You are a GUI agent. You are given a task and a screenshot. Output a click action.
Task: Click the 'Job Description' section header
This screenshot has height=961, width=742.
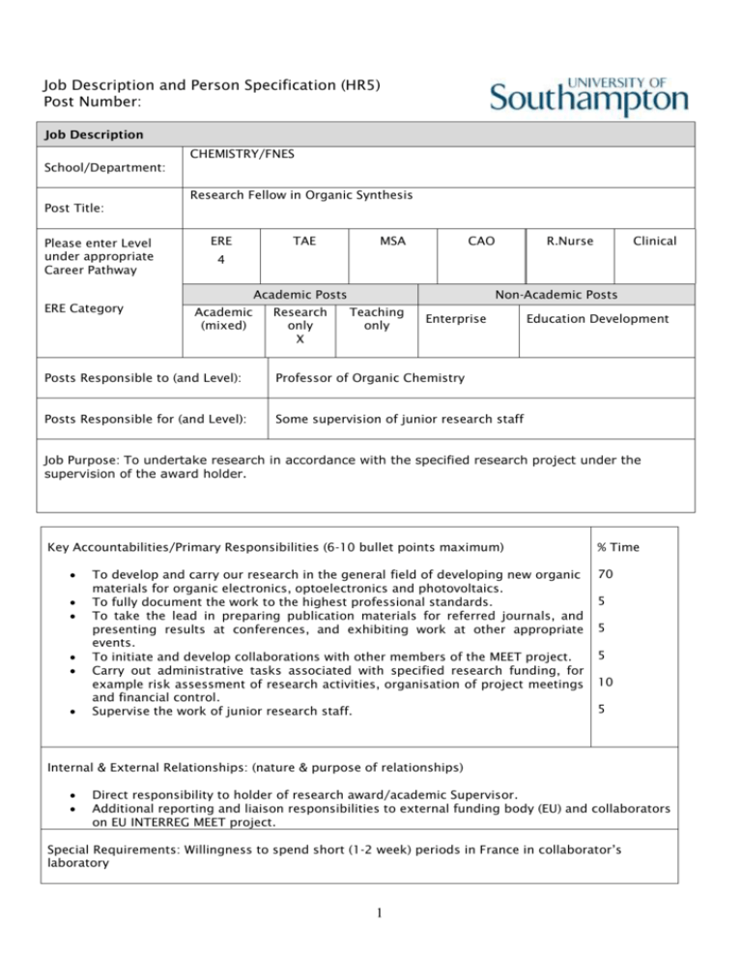pos(87,134)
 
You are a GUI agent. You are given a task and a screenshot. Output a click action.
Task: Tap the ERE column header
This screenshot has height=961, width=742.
pos(219,240)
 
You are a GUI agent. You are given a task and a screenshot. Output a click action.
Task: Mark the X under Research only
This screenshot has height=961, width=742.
pos(300,339)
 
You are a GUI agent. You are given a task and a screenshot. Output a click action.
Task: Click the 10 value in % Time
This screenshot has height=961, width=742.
pos(608,681)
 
